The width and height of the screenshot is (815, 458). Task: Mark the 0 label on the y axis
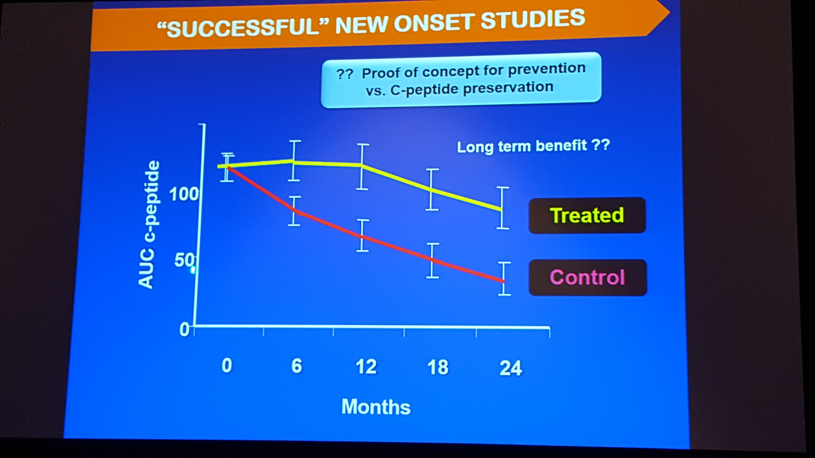pyautogui.click(x=184, y=330)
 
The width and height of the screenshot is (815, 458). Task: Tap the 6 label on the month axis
pyautogui.click(x=296, y=366)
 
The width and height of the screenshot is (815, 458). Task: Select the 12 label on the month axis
pyautogui.click(x=366, y=367)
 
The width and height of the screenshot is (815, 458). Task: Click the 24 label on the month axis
pyautogui.click(x=511, y=368)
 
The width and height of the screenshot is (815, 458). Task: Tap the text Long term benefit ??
pyautogui.click(x=533, y=146)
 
